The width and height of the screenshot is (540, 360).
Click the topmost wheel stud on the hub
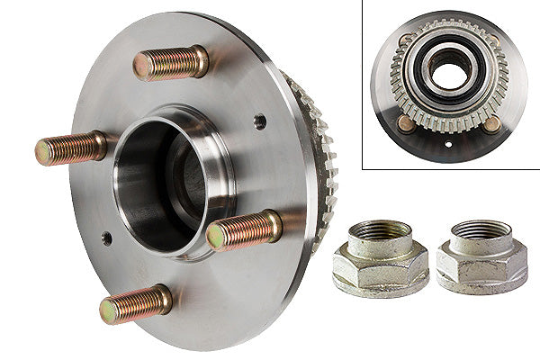click(171, 63)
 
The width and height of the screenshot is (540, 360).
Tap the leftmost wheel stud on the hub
click(70, 148)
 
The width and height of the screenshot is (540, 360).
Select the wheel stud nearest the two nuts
click(244, 229)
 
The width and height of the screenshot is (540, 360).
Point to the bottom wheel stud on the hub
click(135, 304)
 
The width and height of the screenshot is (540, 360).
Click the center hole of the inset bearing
click(448, 73)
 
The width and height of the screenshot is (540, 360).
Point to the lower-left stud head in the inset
click(407, 123)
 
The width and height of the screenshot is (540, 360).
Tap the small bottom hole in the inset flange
click(449, 143)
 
